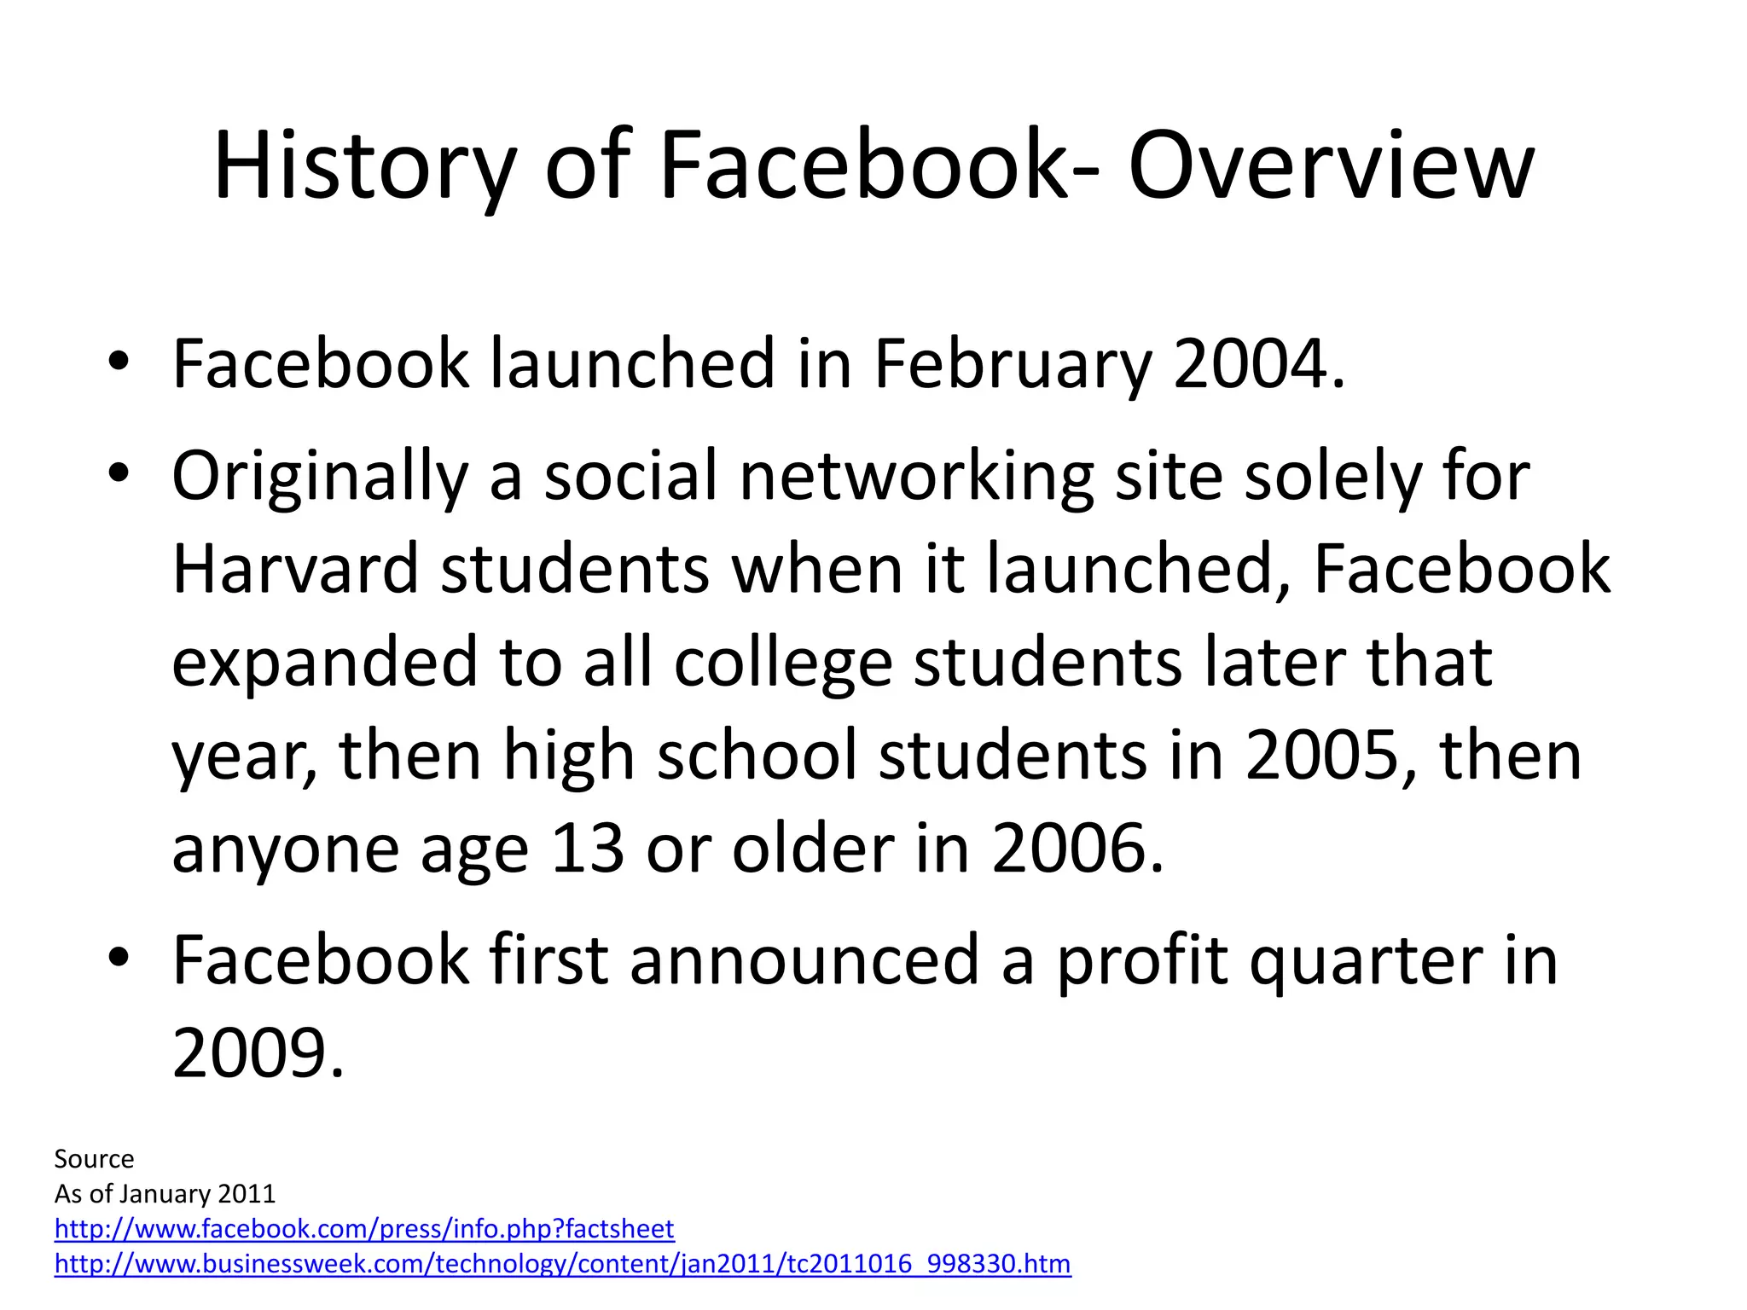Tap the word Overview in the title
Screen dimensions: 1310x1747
pyautogui.click(x=1331, y=166)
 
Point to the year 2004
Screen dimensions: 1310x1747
pyautogui.click(x=1251, y=365)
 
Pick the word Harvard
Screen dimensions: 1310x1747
pyautogui.click(x=295, y=569)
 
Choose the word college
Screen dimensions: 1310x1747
pyautogui.click(x=782, y=663)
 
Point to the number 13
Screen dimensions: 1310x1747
pyautogui.click(x=588, y=849)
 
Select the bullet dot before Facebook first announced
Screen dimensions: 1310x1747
pyautogui.click(x=119, y=957)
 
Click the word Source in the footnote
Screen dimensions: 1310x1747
pyautogui.click(x=94, y=1159)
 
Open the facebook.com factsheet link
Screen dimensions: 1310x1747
pyautogui.click(x=364, y=1229)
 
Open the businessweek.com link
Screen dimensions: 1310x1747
pyautogui.click(x=562, y=1264)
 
